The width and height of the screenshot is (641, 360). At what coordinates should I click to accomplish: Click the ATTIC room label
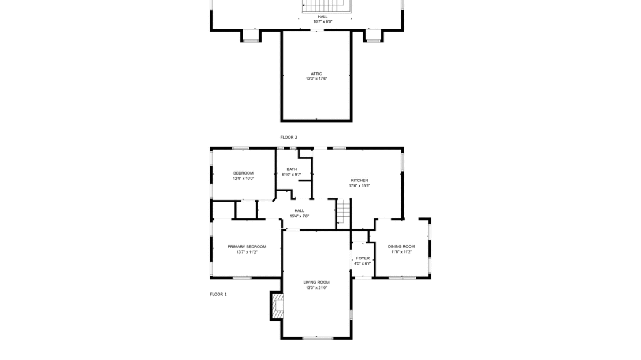[316, 73]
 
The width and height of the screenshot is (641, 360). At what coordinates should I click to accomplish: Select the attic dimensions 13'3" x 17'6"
[316, 79]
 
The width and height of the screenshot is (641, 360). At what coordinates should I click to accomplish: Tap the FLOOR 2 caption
[289, 137]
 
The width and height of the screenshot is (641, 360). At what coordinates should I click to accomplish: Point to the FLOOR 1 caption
[218, 294]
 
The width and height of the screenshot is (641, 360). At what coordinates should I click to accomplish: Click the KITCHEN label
[359, 180]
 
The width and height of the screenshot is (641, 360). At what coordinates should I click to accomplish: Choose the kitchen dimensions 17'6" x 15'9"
[359, 185]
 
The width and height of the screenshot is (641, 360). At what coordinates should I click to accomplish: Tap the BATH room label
[292, 169]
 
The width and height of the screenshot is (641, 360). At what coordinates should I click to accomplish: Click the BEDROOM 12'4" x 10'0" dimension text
[243, 179]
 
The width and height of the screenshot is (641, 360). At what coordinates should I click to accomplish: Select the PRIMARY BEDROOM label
[247, 247]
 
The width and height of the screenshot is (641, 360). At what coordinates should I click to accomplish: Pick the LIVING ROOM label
[316, 282]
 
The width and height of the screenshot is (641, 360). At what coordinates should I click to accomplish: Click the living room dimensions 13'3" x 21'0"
[316, 287]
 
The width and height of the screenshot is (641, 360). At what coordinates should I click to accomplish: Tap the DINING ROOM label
[401, 247]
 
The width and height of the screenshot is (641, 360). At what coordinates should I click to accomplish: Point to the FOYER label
[362, 258]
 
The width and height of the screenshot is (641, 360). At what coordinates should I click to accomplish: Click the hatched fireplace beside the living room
[277, 305]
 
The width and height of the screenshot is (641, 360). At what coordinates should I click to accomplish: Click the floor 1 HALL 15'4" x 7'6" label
[299, 213]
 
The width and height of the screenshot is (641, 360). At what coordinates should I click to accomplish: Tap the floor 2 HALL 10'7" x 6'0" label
[322, 19]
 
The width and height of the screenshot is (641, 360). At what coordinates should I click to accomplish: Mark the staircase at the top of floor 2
[326, 6]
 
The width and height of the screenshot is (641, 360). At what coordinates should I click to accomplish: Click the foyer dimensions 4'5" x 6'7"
[362, 263]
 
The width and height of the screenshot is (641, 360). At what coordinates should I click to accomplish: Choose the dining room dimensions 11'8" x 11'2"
[401, 252]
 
